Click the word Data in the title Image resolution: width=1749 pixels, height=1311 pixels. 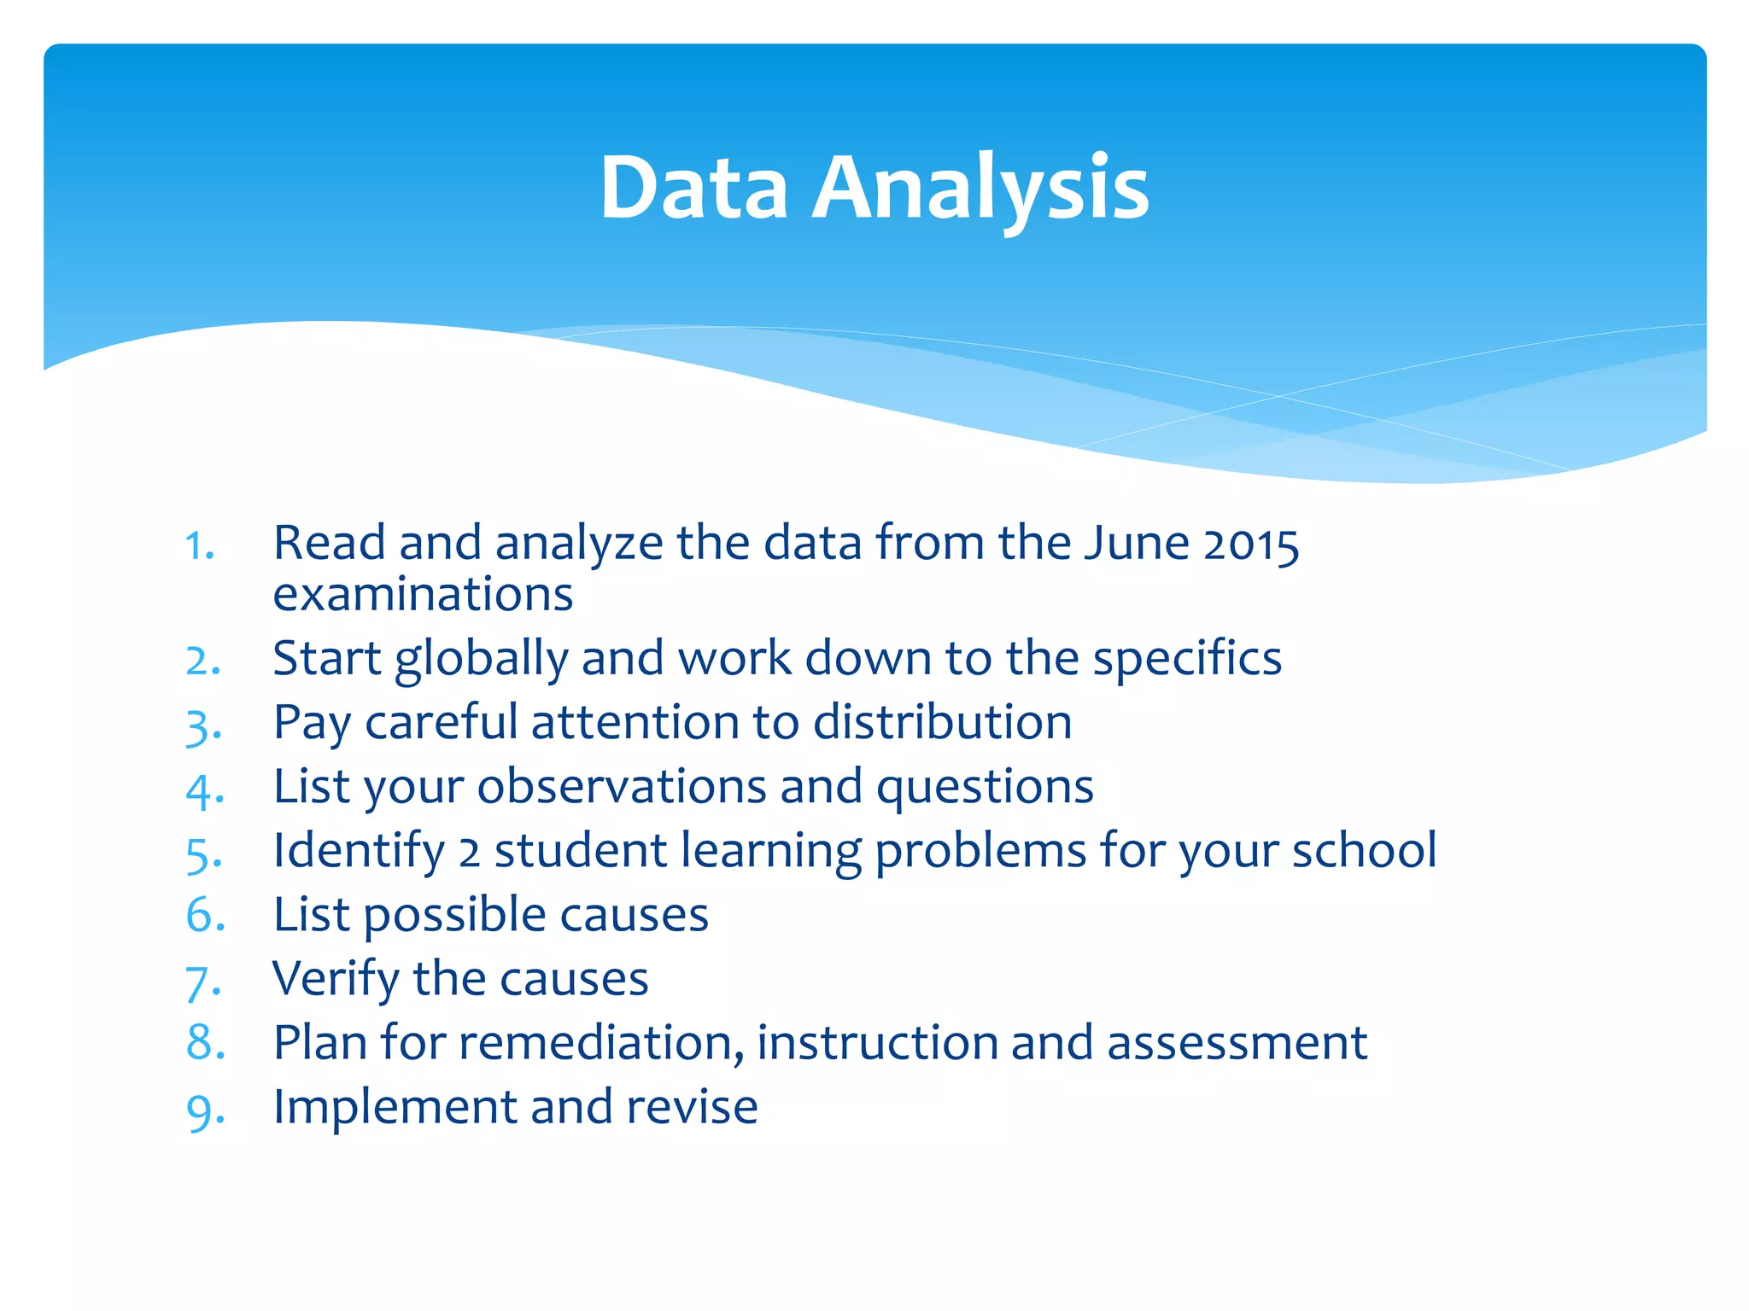coord(693,188)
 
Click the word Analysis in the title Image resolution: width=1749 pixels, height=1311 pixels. coord(980,188)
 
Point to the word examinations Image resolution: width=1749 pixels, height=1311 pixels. coord(423,595)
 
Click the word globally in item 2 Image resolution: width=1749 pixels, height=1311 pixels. coord(481,660)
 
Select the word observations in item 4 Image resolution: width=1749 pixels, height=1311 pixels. coord(622,786)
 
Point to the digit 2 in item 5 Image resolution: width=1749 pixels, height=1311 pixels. coord(469,853)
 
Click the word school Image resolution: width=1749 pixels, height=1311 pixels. coord(1364,850)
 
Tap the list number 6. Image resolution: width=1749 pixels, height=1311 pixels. coord(205,915)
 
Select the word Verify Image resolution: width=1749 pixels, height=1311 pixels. coord(336,979)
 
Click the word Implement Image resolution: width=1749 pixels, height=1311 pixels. coord(395,1108)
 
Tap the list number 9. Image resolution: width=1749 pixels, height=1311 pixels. coord(205,1110)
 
